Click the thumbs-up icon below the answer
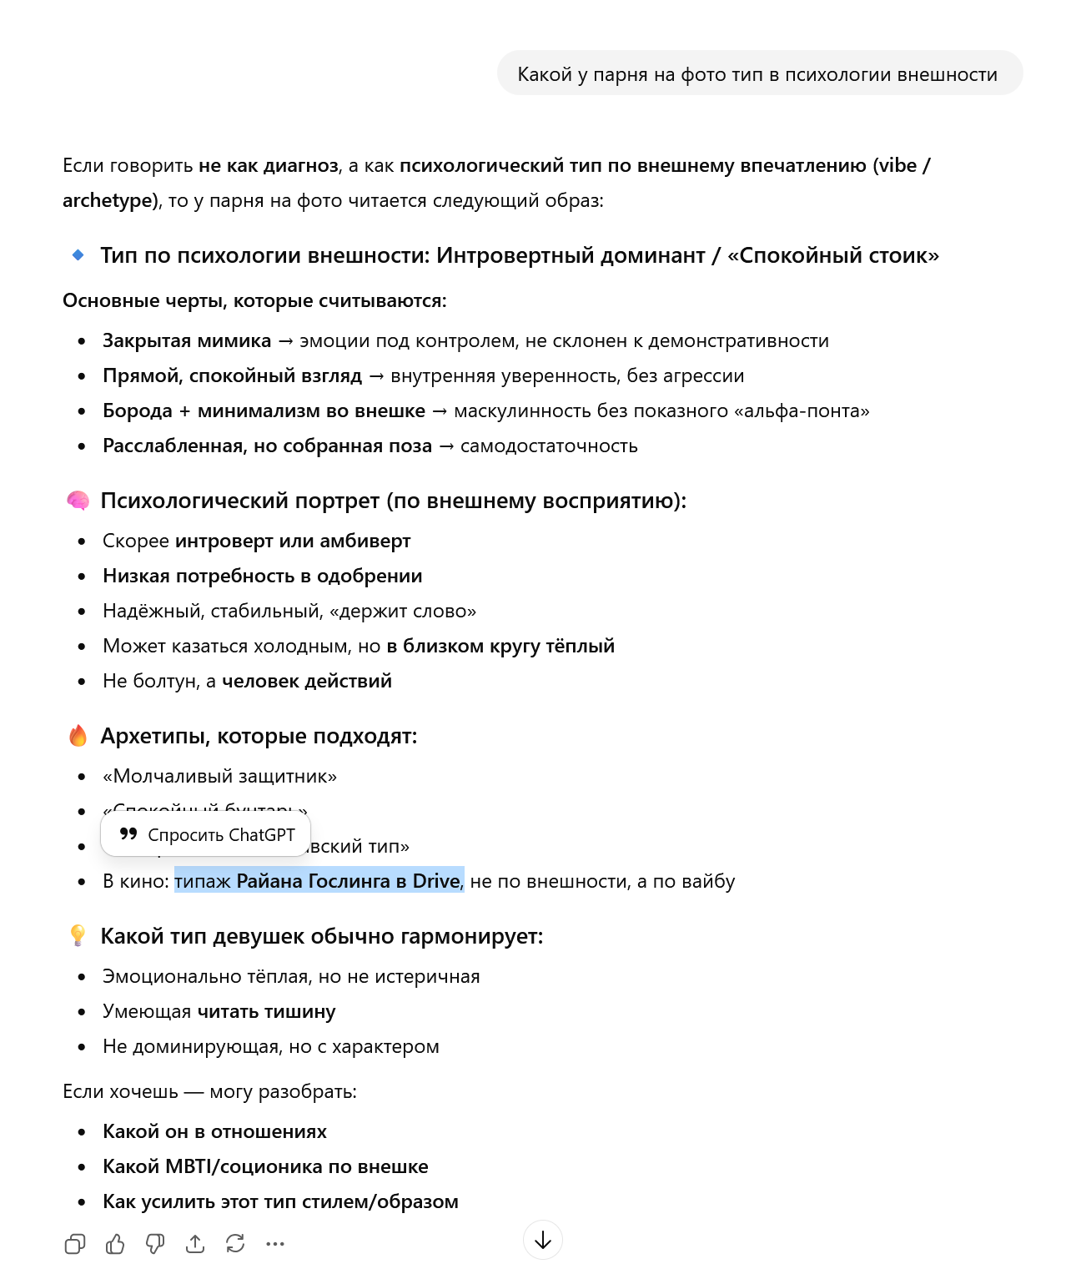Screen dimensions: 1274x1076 (115, 1244)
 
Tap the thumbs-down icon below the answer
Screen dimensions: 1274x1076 (155, 1244)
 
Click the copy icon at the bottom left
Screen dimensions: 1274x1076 (75, 1244)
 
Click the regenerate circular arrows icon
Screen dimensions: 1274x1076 (235, 1244)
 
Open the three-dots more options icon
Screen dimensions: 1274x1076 (275, 1244)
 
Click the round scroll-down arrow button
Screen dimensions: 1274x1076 (543, 1240)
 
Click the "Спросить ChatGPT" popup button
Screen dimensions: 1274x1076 (206, 835)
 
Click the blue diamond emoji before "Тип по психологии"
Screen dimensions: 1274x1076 (78, 255)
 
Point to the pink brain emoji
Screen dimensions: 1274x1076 (78, 501)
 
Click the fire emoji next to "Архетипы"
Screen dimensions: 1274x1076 (78, 736)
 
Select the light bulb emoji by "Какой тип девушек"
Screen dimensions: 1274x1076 (78, 936)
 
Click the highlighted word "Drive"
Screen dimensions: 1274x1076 (435, 881)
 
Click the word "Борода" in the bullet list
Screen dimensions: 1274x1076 (138, 410)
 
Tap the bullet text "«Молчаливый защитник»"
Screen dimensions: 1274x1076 (219, 776)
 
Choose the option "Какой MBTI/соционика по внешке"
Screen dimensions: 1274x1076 (265, 1166)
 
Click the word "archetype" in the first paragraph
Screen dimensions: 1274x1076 (108, 200)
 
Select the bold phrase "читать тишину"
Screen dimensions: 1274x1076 (266, 1011)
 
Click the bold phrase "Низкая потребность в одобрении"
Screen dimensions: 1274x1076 (262, 576)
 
